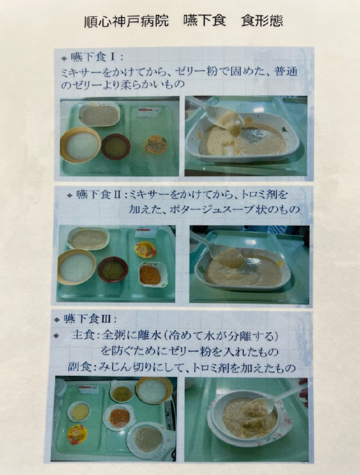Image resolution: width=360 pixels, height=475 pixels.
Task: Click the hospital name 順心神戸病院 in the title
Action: (x=127, y=22)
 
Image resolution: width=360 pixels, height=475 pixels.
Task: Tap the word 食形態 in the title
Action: (x=262, y=21)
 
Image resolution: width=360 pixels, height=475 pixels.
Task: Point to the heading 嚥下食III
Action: (x=87, y=318)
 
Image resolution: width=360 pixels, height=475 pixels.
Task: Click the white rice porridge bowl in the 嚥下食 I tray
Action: (x=80, y=145)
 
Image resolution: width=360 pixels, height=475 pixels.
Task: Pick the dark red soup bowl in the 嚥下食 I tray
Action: (x=115, y=146)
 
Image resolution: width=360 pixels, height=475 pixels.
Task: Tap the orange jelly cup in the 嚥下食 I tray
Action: (x=156, y=144)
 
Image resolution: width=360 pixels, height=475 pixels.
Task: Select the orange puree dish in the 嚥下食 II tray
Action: (x=153, y=275)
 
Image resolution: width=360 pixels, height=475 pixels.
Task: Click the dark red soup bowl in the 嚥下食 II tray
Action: (x=113, y=270)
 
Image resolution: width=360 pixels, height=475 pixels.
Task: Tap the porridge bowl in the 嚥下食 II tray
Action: (x=77, y=267)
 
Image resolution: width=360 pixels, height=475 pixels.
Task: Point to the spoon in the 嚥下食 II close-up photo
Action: (x=219, y=251)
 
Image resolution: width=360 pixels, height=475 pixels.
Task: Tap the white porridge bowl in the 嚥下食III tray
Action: (x=154, y=390)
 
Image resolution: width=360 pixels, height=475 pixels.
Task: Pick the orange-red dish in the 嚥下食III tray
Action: (x=119, y=417)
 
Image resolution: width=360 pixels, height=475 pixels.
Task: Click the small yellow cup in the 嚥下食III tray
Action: (x=79, y=411)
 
